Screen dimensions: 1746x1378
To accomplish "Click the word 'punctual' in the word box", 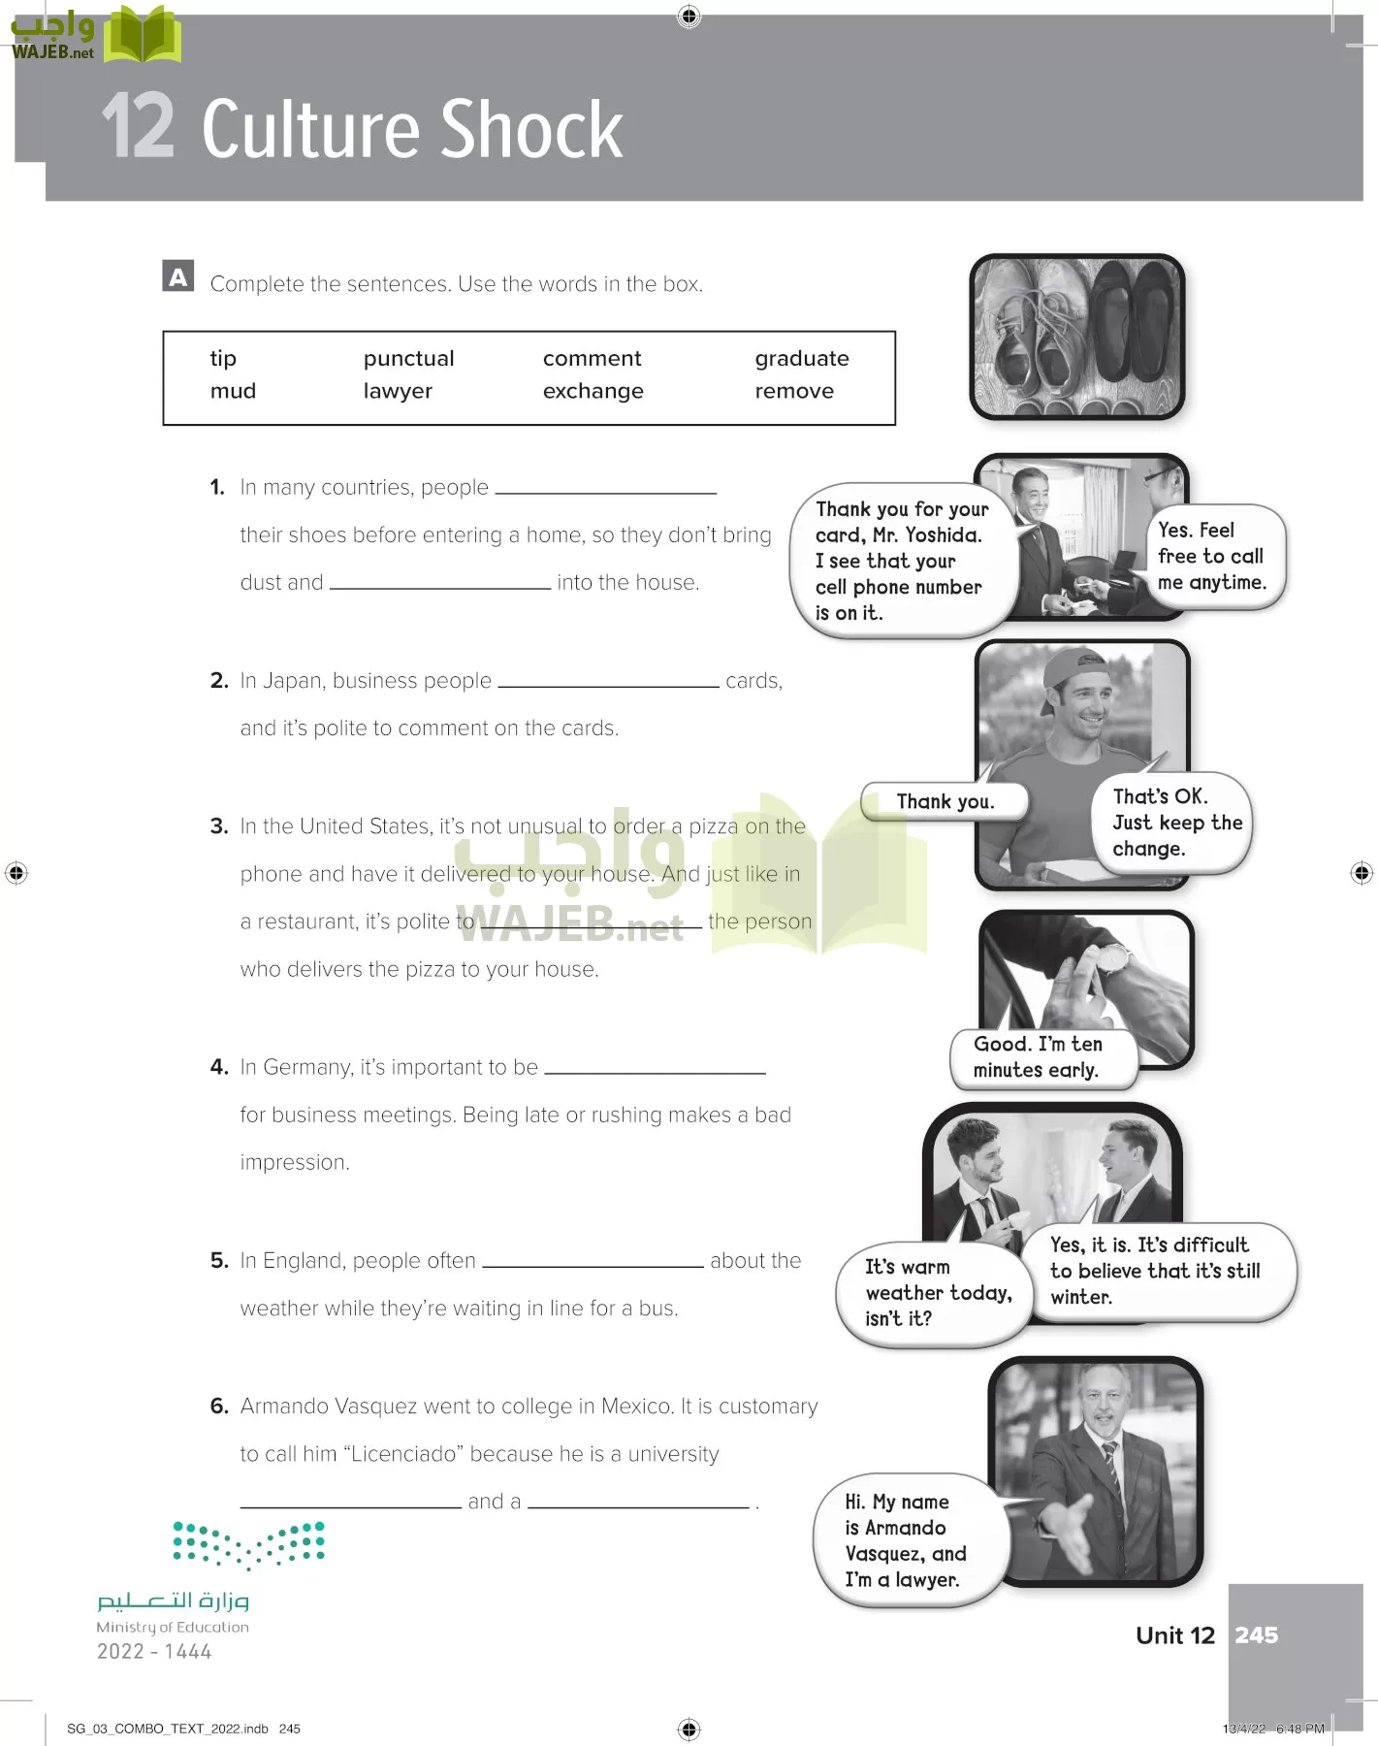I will [408, 359].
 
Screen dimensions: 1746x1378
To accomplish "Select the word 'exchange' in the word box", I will [593, 391].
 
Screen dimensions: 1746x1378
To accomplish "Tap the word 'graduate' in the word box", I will [801, 359].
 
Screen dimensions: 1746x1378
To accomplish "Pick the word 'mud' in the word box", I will [233, 391].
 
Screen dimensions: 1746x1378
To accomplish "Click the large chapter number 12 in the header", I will [138, 127].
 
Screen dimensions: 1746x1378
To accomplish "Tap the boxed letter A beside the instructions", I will [178, 277].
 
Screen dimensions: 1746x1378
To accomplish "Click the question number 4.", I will [218, 1067].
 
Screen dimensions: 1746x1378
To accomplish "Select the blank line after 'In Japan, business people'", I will [608, 681].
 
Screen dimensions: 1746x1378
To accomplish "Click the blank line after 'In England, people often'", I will [593, 1261].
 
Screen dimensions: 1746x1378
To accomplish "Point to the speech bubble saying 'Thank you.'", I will [944, 801].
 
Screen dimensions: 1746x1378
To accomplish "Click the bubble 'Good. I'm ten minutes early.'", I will [1038, 1057].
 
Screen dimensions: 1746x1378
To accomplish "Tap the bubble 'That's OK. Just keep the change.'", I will [1174, 823].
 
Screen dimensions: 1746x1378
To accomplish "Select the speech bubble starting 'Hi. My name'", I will [906, 1540].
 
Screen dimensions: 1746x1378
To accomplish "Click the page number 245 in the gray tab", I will [1256, 1635].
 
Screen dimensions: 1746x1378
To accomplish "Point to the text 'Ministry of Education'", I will [173, 1627].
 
